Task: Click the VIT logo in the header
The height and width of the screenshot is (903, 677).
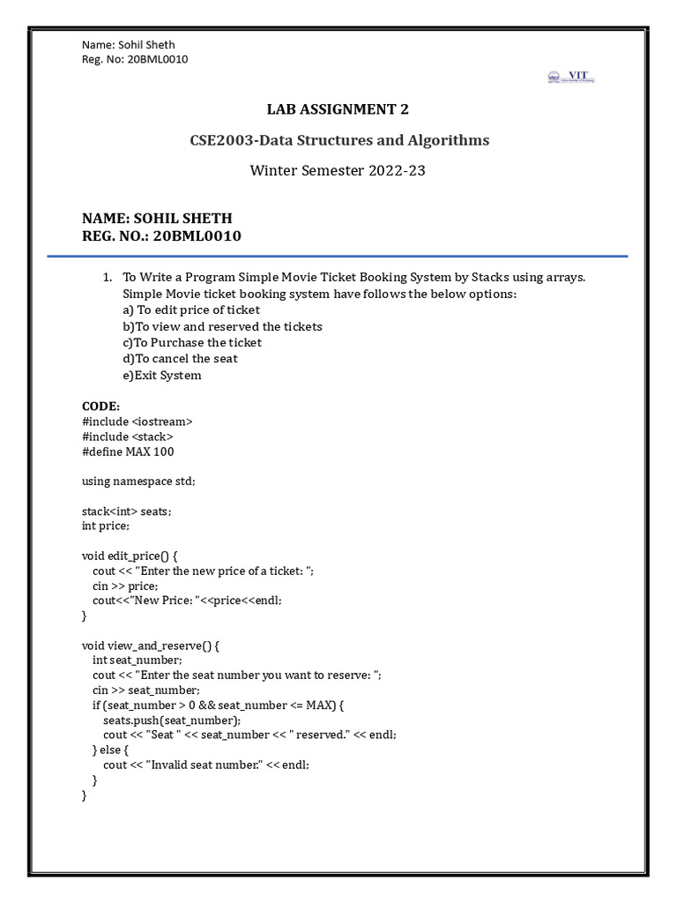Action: (x=571, y=78)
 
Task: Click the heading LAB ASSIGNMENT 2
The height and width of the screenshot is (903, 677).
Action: (x=338, y=109)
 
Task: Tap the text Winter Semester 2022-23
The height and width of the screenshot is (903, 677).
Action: (x=338, y=170)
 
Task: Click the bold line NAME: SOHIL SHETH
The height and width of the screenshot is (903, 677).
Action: (x=157, y=219)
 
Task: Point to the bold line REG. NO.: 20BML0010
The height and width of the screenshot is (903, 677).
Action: (x=161, y=236)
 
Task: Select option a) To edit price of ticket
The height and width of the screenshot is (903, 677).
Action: (x=191, y=310)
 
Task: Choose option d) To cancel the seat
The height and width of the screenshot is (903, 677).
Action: (x=180, y=359)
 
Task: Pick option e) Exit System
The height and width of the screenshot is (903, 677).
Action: (x=162, y=375)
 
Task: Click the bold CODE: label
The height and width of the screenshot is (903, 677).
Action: (x=100, y=406)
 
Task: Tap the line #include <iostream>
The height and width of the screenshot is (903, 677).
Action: (x=137, y=422)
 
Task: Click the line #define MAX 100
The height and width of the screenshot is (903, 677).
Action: (x=128, y=451)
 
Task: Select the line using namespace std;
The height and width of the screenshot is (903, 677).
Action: (x=138, y=481)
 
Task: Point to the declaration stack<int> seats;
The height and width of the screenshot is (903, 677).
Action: (x=127, y=511)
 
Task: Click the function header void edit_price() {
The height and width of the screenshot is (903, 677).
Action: (x=130, y=556)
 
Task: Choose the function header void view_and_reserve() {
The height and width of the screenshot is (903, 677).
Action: (x=150, y=646)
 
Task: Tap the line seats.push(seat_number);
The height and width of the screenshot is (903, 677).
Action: (x=172, y=720)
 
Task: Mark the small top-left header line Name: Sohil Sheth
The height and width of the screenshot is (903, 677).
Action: (x=128, y=45)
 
